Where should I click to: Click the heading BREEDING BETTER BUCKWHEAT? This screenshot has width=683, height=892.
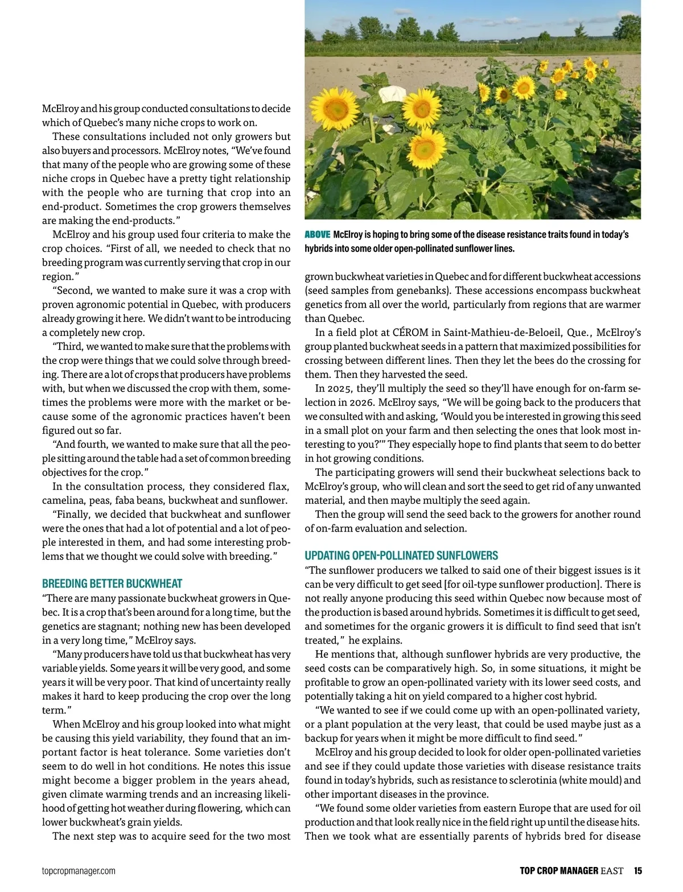coord(112,583)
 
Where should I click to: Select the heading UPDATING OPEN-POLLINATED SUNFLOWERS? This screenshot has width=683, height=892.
coord(401,555)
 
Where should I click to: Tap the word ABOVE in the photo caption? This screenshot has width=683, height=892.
coord(317,235)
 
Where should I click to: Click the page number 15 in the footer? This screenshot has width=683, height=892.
coord(637,870)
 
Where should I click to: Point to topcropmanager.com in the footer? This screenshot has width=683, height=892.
coord(79,871)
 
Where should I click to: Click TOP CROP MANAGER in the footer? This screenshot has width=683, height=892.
coord(558,870)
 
